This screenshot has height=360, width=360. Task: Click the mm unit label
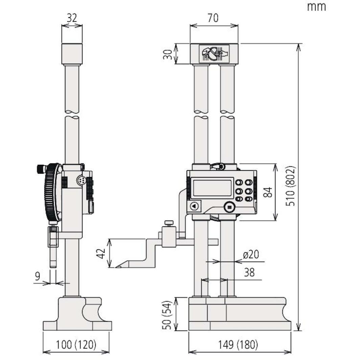[x=316, y=6]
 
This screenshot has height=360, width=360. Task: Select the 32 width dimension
[x=72, y=18]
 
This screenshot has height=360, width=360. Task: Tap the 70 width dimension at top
[x=213, y=18]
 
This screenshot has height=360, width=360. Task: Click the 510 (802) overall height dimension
[x=290, y=185]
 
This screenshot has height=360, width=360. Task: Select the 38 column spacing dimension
[x=249, y=273]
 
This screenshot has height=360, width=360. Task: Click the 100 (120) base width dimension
[x=76, y=345]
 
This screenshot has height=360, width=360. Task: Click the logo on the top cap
[x=213, y=53]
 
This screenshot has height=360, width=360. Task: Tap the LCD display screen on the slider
[x=212, y=188]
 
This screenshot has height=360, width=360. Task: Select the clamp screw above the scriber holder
[x=169, y=223]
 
